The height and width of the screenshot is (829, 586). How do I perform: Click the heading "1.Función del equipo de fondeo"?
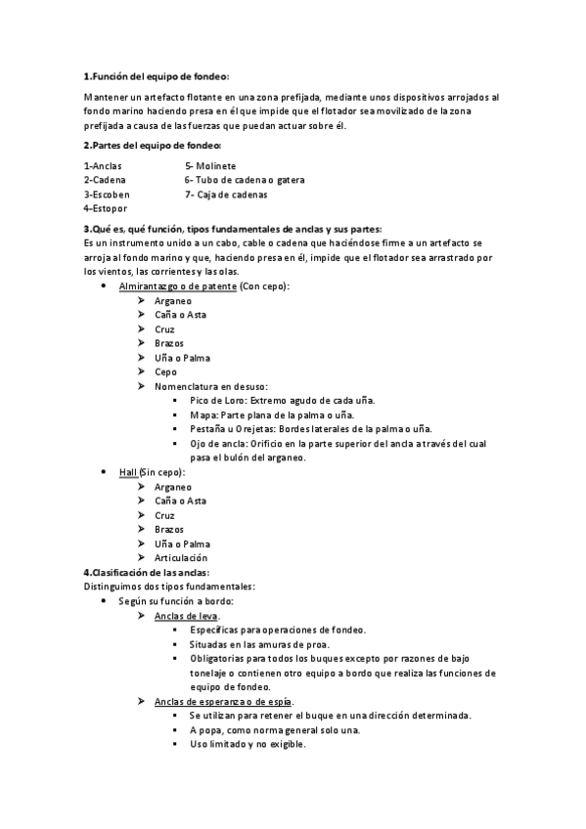156,75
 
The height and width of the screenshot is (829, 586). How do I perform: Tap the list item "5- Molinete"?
210,166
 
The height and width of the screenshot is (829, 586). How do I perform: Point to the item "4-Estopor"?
106,208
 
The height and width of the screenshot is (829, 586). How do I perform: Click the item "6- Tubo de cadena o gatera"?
245,180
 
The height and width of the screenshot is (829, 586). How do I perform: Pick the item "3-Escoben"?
107,195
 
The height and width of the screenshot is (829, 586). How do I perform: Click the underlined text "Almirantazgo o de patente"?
177,286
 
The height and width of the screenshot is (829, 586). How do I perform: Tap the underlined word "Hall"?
128,472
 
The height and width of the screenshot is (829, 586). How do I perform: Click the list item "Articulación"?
181,558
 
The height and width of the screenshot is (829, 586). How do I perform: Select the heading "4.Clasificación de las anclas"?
147,572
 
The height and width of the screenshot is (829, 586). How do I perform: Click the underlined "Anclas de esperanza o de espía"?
224,701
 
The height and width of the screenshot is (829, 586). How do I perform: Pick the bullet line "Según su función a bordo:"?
176,601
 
